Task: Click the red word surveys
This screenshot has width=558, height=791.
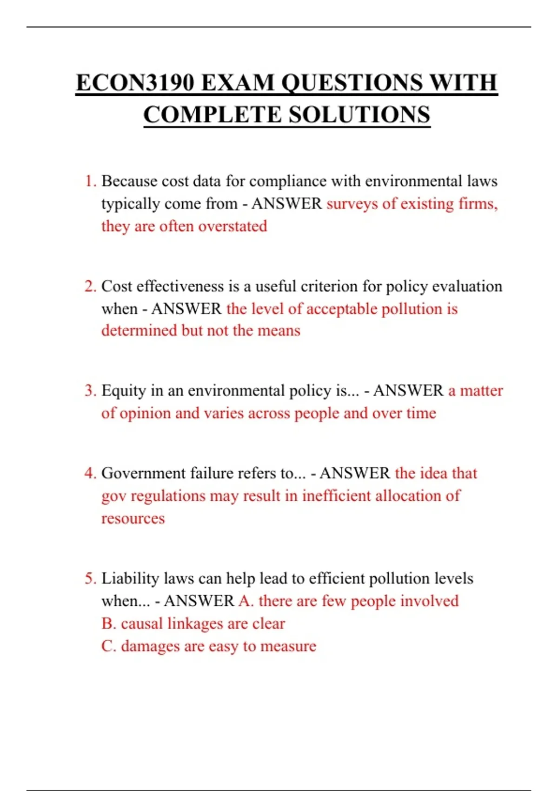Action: tap(352, 204)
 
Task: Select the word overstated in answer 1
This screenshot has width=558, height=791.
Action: tap(232, 226)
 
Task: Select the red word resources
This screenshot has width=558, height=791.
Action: tap(133, 518)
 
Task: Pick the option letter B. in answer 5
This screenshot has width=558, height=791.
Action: tap(109, 623)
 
